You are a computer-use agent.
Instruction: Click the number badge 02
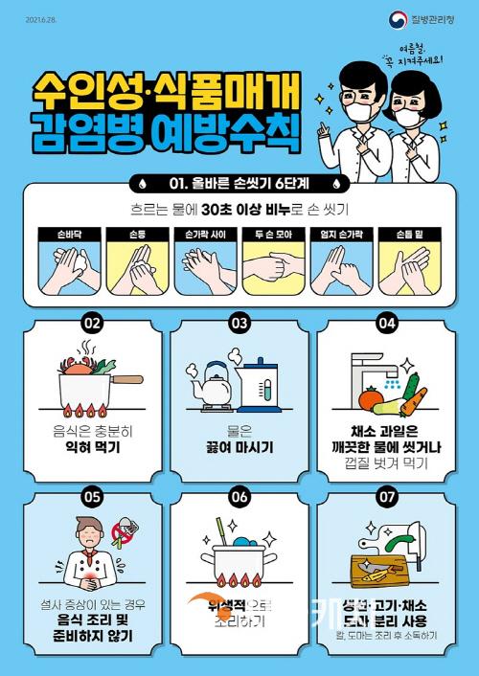(92, 323)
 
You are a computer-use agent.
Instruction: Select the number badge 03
(239, 323)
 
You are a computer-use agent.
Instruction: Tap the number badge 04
(387, 323)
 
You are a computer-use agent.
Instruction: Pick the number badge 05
(92, 497)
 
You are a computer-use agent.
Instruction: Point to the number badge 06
(239, 497)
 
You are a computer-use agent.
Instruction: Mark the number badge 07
(387, 497)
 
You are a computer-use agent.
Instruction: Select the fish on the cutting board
(384, 573)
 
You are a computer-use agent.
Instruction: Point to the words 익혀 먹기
(92, 446)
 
